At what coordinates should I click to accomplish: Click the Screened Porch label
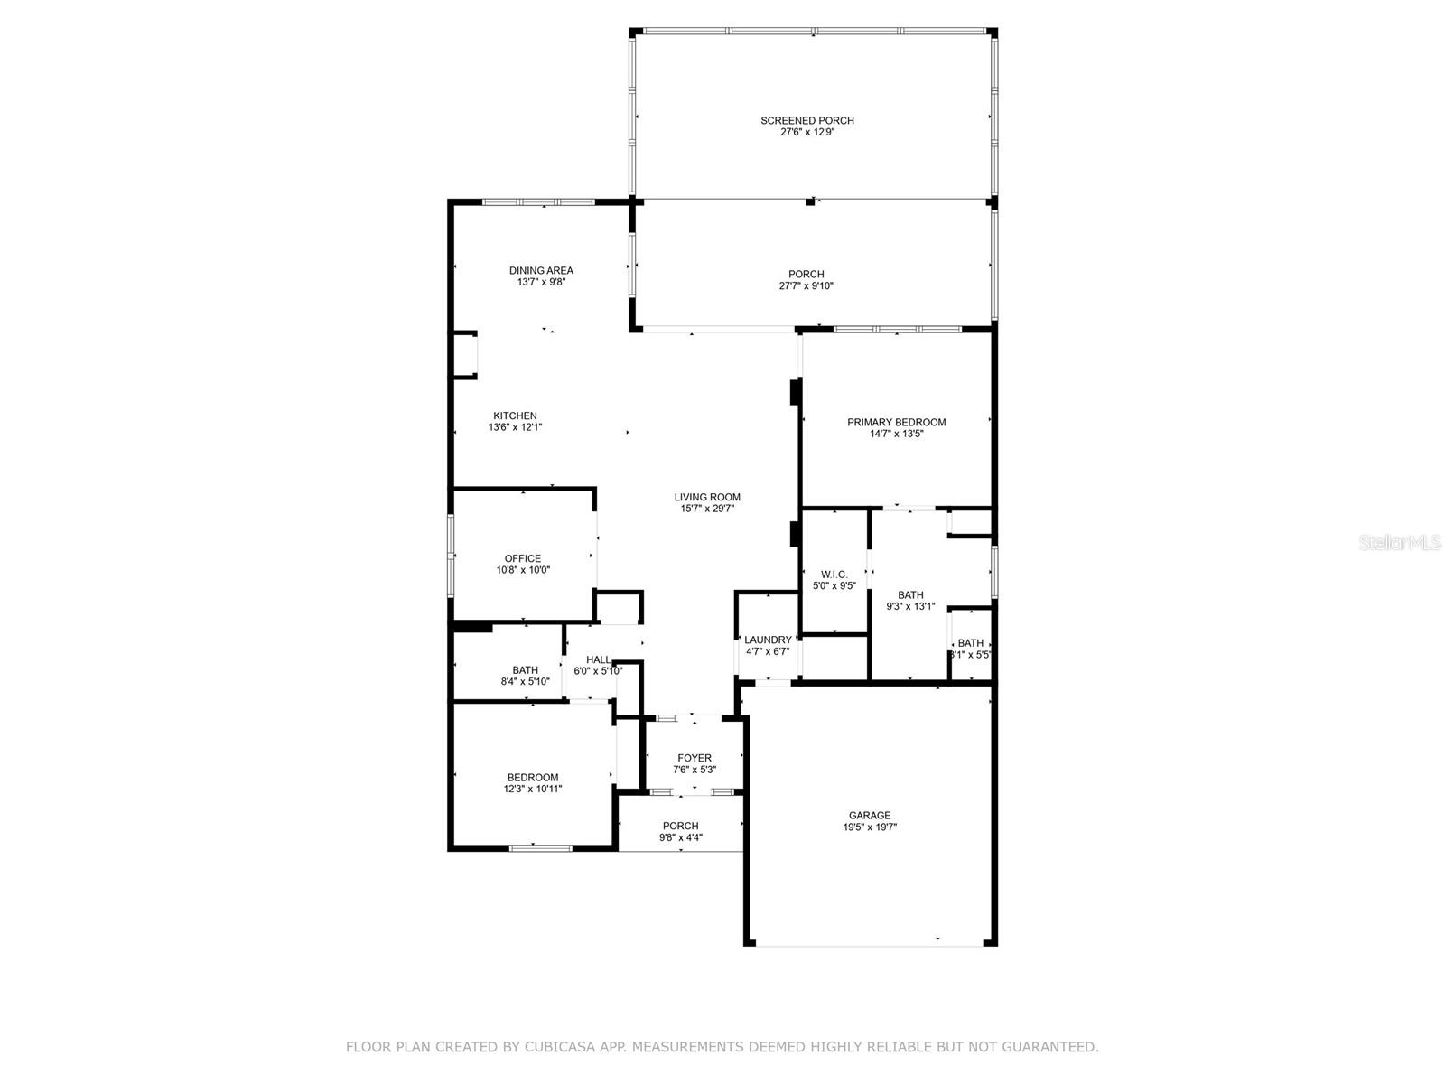pos(806,120)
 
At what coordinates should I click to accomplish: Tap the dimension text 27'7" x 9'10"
pos(806,286)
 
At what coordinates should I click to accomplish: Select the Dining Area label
pos(541,270)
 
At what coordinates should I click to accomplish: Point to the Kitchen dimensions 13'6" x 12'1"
pos(515,427)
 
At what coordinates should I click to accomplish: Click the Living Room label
pos(707,497)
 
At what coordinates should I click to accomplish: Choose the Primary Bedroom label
pos(896,422)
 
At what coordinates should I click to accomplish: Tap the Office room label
pos(523,558)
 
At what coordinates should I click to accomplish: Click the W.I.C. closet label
pos(834,574)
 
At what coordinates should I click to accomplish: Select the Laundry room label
pos(768,640)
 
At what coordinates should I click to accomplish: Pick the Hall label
pos(598,659)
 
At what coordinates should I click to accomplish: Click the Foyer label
pos(695,758)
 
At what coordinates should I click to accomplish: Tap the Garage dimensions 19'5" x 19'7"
pos(870,827)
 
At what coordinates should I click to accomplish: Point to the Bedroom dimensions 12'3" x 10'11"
pos(533,789)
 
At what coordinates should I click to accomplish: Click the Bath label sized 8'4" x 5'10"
pos(525,670)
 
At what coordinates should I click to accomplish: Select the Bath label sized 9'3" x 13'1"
pos(910,594)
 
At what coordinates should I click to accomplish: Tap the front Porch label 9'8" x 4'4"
pos(680,826)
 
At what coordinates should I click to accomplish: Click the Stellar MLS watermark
pos(1401,542)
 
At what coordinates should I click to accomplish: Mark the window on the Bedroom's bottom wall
pos(540,847)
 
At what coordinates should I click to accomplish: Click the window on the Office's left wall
pos(451,555)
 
